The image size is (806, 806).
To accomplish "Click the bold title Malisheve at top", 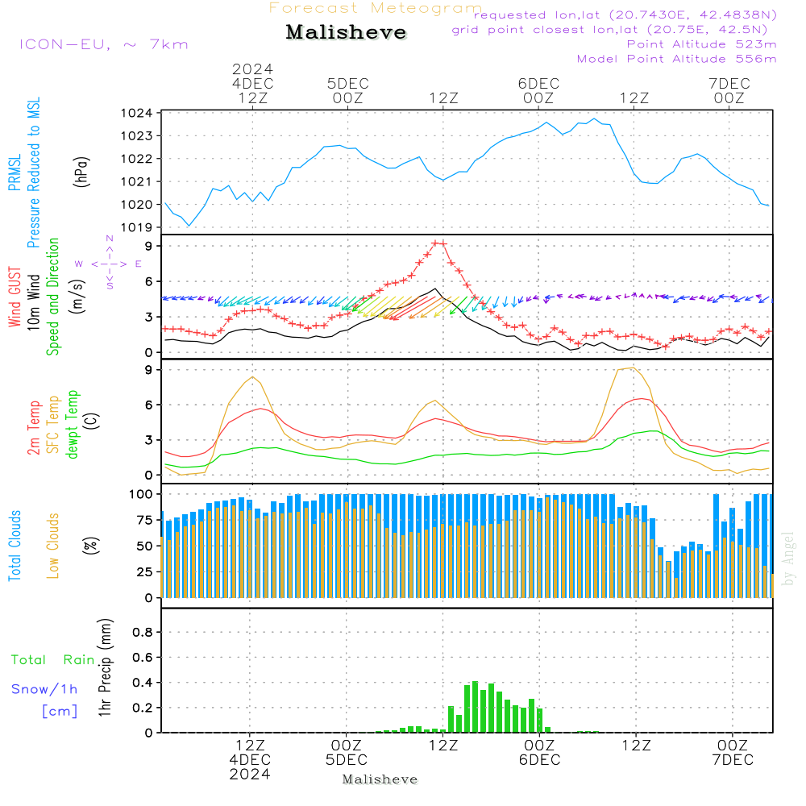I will tap(346, 32).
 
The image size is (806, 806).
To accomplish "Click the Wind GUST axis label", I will tap(15, 298).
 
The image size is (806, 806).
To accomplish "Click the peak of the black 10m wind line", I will tap(435, 289).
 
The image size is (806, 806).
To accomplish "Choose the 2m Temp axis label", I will tap(34, 426).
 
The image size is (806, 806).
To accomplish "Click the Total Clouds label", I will tap(15, 546).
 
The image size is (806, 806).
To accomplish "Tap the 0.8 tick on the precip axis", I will tap(143, 633).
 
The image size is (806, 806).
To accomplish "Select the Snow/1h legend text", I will tap(45, 689).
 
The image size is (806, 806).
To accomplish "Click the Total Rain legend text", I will tap(53, 659).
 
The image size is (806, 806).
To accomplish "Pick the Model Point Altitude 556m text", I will tap(676, 59).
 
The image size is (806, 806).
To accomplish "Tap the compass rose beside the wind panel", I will tap(109, 264).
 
